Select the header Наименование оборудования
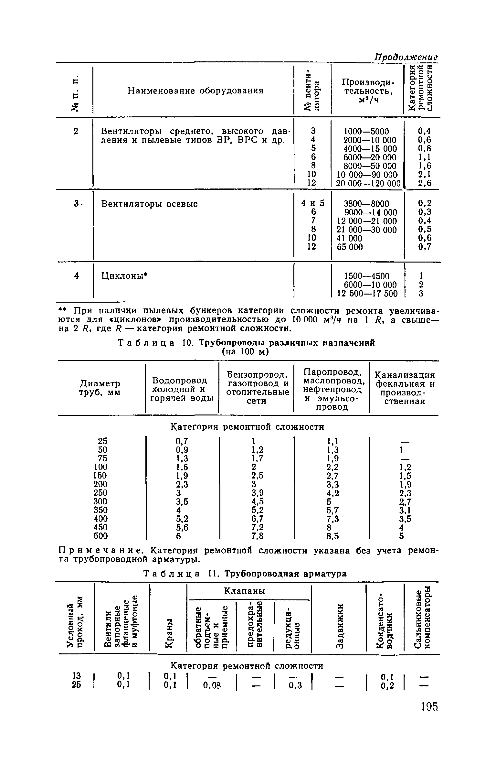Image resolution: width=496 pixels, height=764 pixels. tap(195, 91)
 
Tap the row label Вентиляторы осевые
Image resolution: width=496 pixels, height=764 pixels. tap(149, 204)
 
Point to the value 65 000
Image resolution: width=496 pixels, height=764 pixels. tap(350, 247)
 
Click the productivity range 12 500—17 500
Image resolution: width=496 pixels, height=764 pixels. tap(367, 294)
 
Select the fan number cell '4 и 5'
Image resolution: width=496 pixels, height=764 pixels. tap(312, 203)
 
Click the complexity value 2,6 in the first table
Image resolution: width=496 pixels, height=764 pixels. tap(425, 183)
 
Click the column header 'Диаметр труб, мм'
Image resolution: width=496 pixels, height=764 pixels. tap(100, 388)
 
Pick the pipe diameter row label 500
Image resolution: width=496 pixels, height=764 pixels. tap(100, 536)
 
